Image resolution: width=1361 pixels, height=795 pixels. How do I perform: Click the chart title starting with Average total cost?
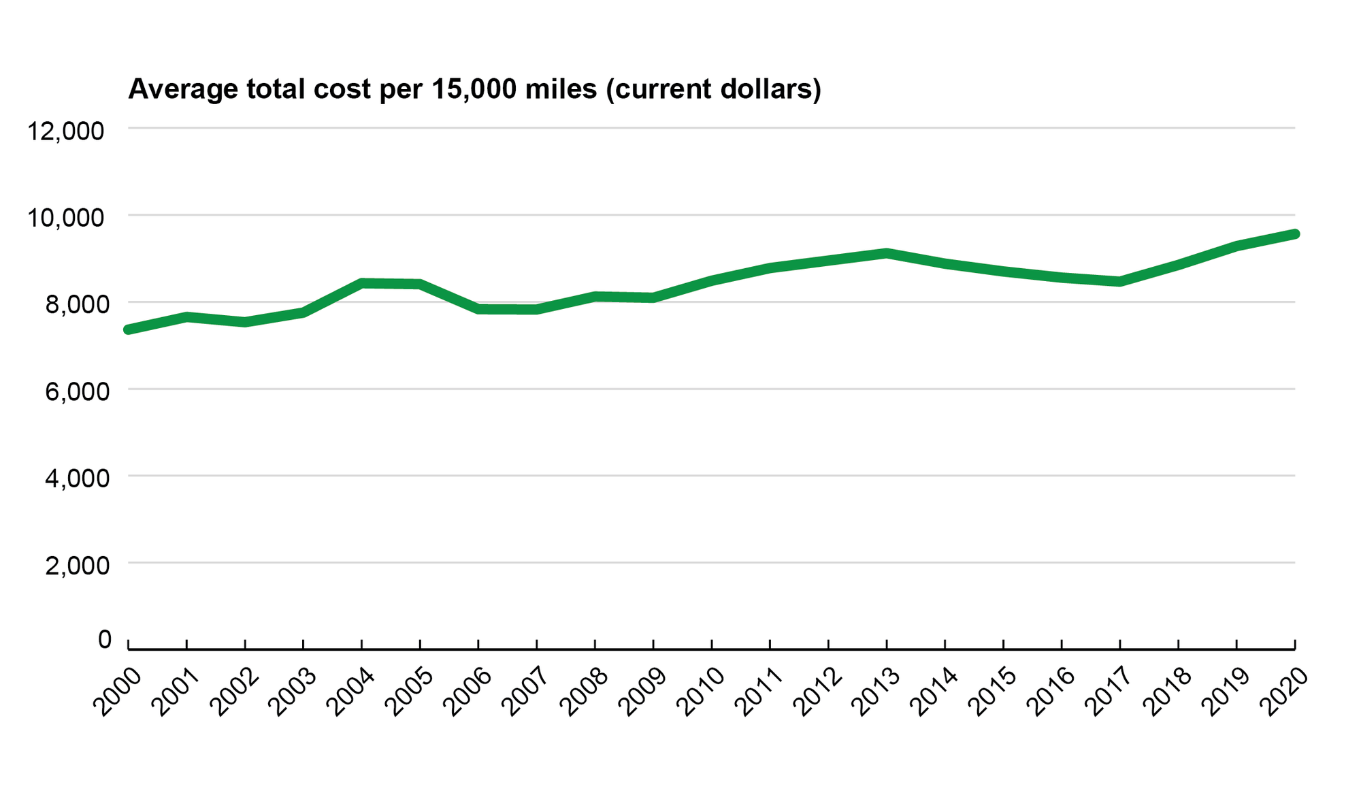coord(474,89)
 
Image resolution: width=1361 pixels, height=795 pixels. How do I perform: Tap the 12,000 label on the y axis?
coord(65,131)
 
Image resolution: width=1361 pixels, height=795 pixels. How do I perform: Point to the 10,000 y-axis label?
coord(65,218)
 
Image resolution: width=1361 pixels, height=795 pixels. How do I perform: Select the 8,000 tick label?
coord(76,304)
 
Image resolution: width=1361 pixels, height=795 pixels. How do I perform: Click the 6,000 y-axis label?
coord(76,391)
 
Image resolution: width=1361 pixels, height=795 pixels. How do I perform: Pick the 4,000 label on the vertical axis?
coord(76,478)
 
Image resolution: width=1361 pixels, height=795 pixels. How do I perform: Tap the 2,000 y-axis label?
coord(76,565)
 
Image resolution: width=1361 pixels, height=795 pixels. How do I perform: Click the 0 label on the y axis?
coord(104,640)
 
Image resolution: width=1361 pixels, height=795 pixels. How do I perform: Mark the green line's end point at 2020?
coord(1294,234)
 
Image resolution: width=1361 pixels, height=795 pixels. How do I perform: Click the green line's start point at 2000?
coord(128,329)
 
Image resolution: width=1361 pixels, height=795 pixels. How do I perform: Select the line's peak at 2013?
coord(887,253)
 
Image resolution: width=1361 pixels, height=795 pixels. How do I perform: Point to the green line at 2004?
coord(361,283)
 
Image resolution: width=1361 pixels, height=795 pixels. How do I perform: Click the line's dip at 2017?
coord(1119,281)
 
